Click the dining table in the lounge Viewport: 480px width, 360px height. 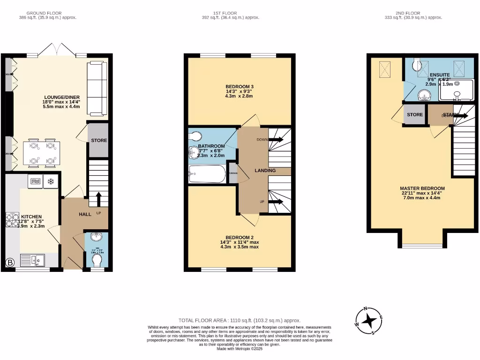41,152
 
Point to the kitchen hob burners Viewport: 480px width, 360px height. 12,220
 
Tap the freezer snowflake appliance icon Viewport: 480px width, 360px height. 51,181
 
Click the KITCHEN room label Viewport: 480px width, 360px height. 31,217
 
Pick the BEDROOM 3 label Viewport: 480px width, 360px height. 239,87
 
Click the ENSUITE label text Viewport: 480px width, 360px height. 440,75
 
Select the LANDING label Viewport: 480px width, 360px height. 265,171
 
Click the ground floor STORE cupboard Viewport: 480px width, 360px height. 98,140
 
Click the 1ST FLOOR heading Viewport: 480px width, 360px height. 230,13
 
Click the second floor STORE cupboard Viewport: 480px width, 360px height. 414,115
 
